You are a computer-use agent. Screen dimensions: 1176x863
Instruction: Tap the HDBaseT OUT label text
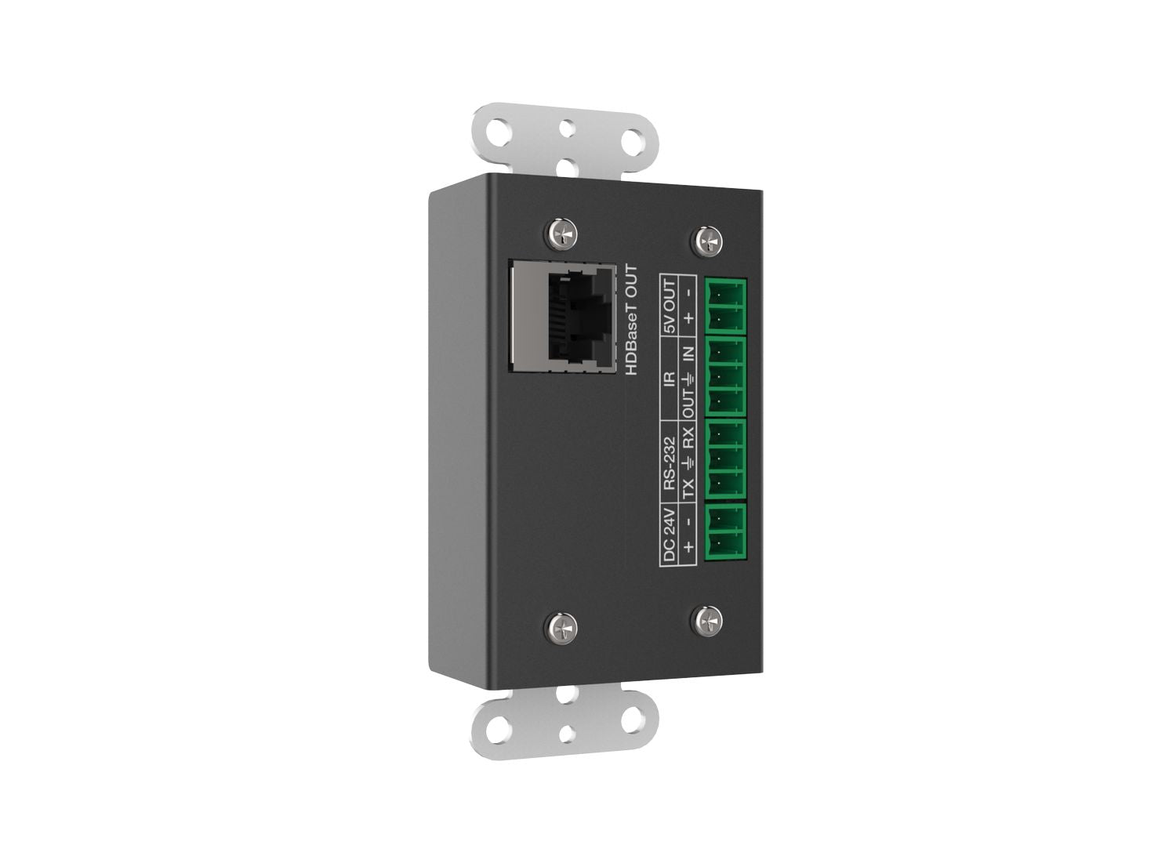(x=631, y=320)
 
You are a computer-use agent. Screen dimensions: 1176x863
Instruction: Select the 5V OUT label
(x=670, y=306)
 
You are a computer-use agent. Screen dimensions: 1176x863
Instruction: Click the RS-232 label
(x=670, y=464)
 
